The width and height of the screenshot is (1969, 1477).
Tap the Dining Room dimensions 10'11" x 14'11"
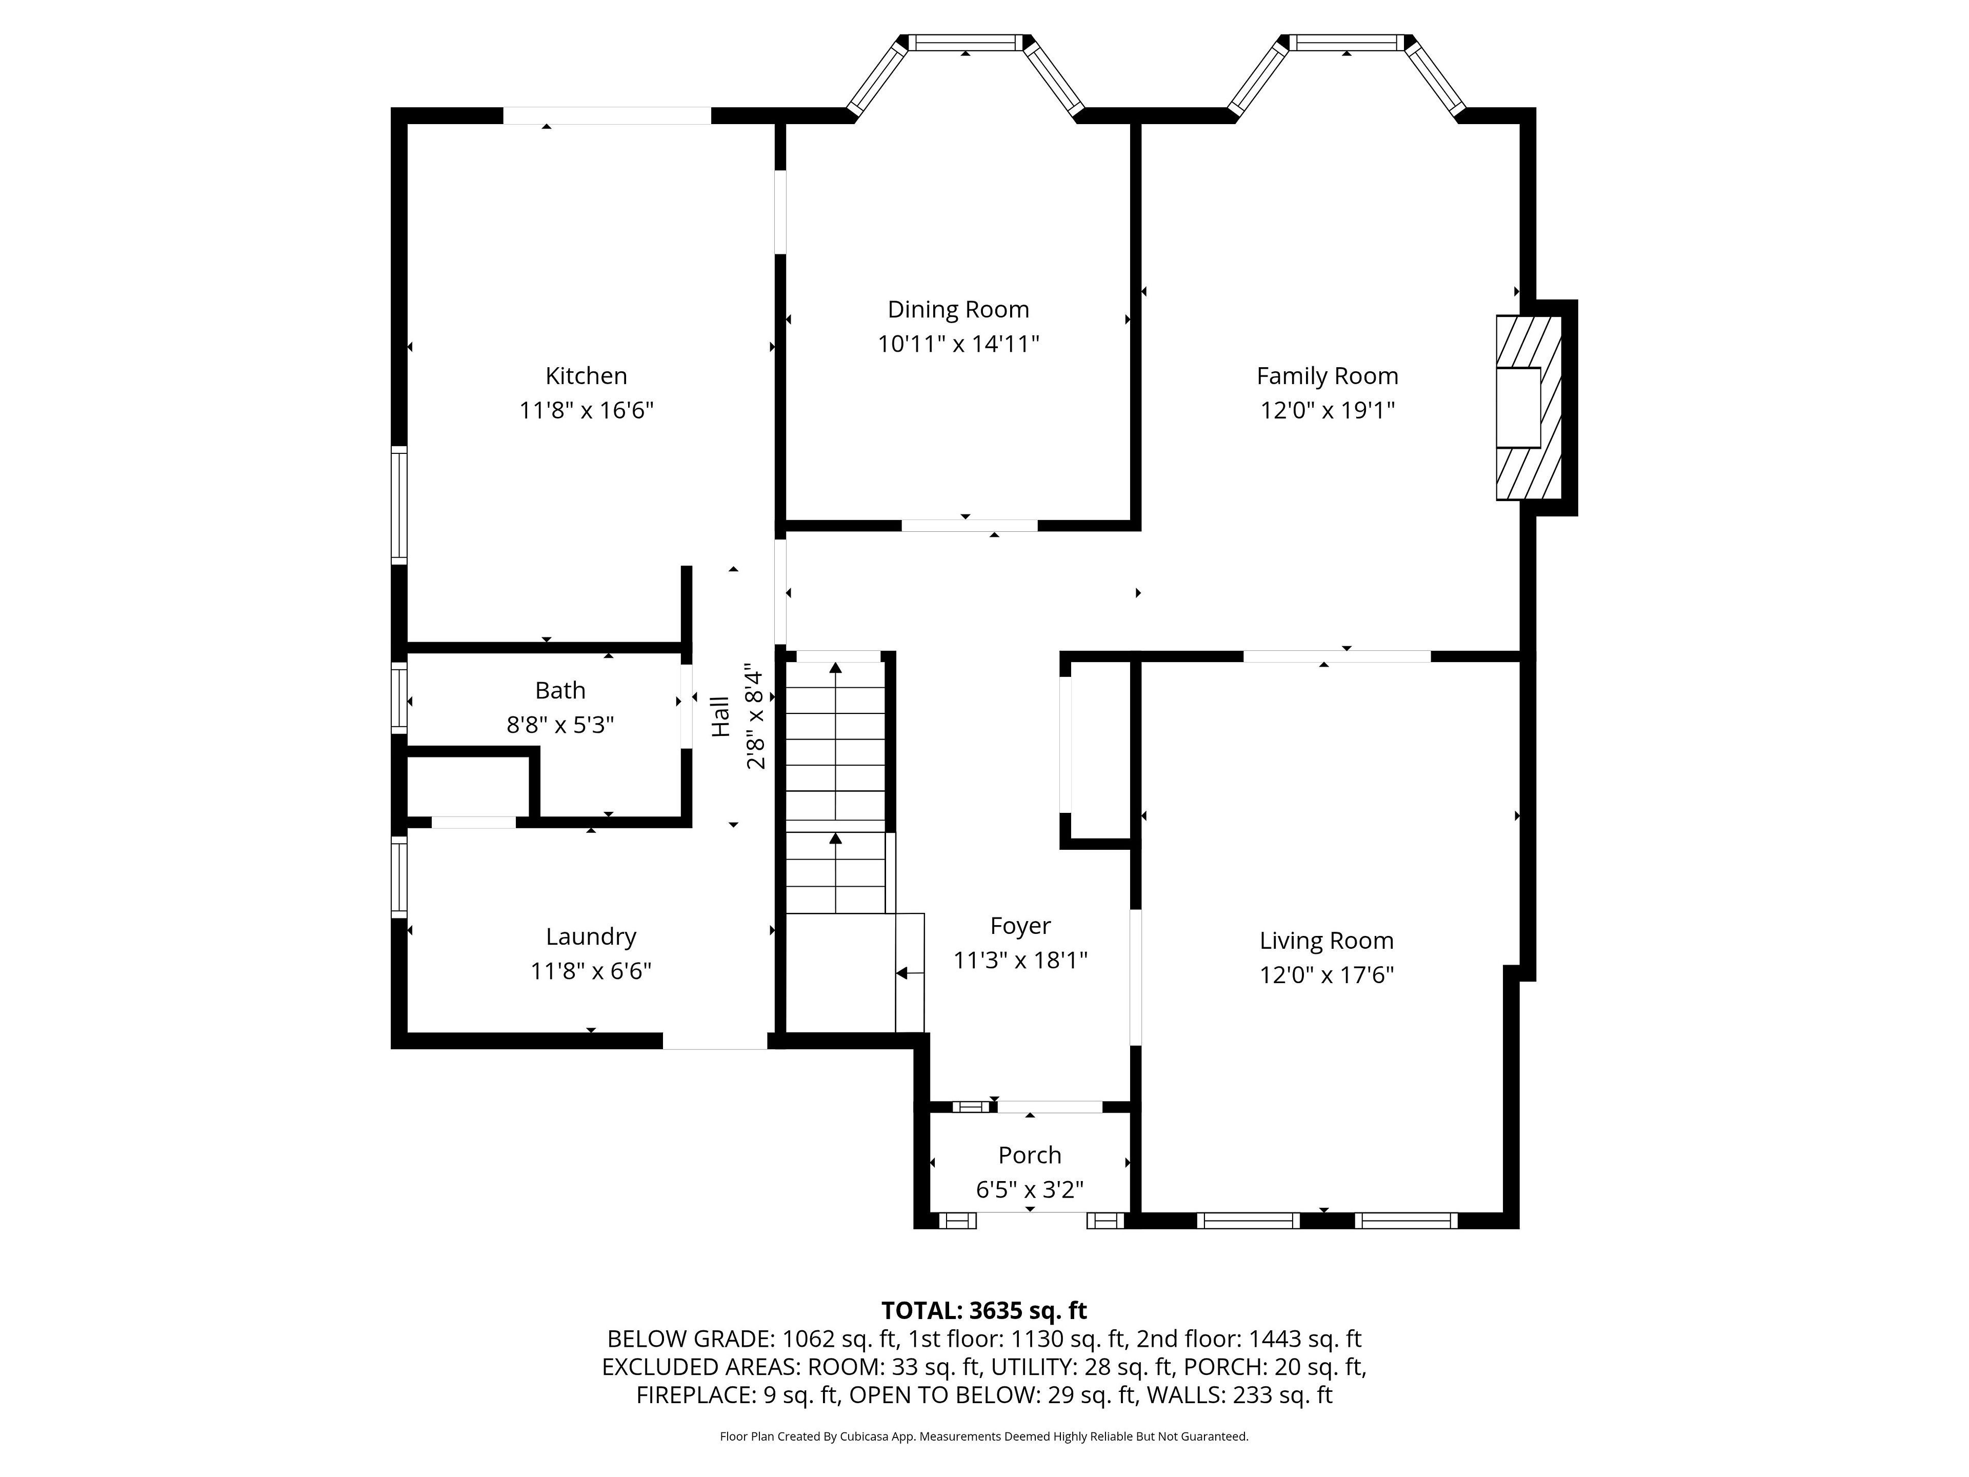pyautogui.click(x=959, y=344)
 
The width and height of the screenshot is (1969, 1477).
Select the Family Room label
pyautogui.click(x=1327, y=376)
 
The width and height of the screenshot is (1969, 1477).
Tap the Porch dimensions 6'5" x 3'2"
pyautogui.click(x=1030, y=1189)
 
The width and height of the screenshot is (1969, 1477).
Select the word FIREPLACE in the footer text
pyautogui.click(x=696, y=1395)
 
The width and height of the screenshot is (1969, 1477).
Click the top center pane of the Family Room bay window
pyautogui.click(x=1347, y=42)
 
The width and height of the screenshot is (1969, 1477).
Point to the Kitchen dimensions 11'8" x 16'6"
pyautogui.click(x=587, y=410)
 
